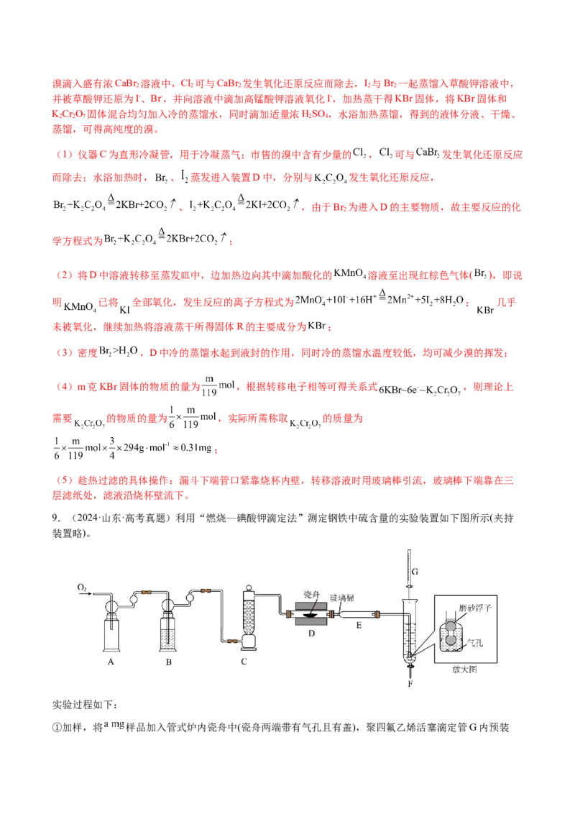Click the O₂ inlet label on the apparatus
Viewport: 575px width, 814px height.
click(x=82, y=587)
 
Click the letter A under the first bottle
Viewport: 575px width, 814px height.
click(x=111, y=662)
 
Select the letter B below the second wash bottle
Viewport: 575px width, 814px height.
click(x=169, y=662)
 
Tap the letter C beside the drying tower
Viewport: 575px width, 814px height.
click(x=244, y=662)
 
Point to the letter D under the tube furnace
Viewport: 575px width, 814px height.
click(x=311, y=634)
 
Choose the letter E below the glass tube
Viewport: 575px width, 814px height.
click(x=359, y=626)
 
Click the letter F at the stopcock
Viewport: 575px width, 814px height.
click(x=410, y=684)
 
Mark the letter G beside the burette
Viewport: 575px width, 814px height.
click(x=415, y=572)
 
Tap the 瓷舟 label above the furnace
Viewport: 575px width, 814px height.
click(x=311, y=595)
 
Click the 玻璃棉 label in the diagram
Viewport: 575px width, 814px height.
click(x=342, y=598)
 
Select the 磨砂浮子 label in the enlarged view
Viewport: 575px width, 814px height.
click(x=475, y=608)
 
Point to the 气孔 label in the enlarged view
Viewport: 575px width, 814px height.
click(x=475, y=643)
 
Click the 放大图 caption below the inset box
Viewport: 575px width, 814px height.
click(x=464, y=669)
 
